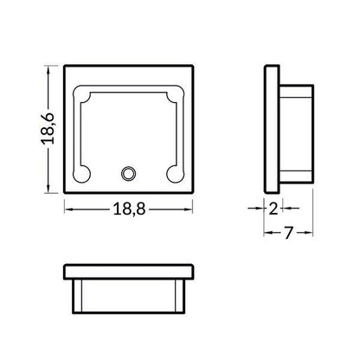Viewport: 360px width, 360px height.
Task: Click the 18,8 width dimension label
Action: pyautogui.click(x=129, y=209)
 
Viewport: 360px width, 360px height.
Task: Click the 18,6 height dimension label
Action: pyautogui.click(x=48, y=129)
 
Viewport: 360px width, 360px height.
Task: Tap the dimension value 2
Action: pyautogui.click(x=273, y=209)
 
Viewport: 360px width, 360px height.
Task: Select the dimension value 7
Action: pyautogui.click(x=288, y=233)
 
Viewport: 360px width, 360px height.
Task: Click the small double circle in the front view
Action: pyautogui.click(x=128, y=174)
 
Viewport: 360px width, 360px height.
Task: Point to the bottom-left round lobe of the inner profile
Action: pyautogui.click(x=81, y=174)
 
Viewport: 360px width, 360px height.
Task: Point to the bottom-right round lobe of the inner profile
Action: pyautogui.click(x=175, y=174)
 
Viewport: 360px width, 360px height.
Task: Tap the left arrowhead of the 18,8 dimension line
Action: pyautogui.click(x=69, y=209)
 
